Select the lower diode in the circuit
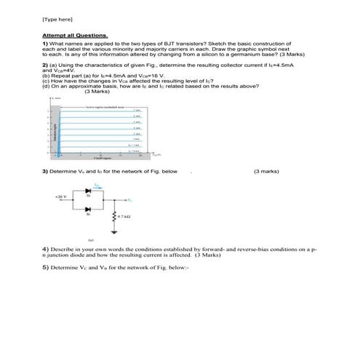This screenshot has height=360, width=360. (89, 209)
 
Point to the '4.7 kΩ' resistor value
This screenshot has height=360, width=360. (125, 217)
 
